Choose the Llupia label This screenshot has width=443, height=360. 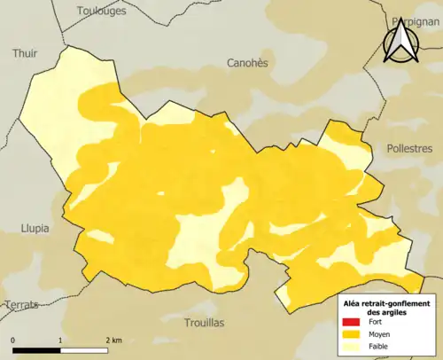(x=35, y=228)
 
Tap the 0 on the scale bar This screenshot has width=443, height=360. (x=13, y=340)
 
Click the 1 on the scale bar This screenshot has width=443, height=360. (x=60, y=340)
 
